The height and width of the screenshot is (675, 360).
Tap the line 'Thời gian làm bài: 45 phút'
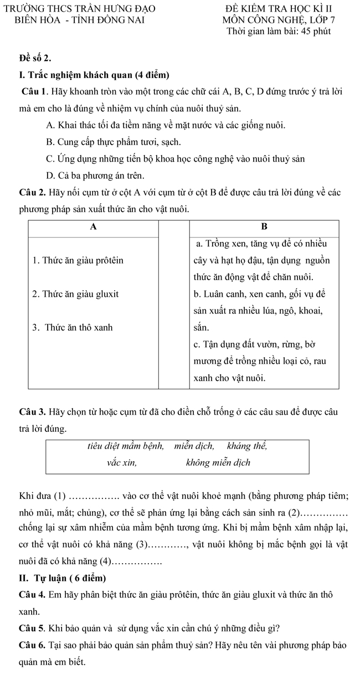[279, 31]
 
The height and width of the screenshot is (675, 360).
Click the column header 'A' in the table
[93, 226]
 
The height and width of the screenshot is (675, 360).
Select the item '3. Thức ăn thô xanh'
[73, 327]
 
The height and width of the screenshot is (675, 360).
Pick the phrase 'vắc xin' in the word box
[122, 462]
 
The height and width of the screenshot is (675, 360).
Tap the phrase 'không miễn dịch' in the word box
[218, 462]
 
